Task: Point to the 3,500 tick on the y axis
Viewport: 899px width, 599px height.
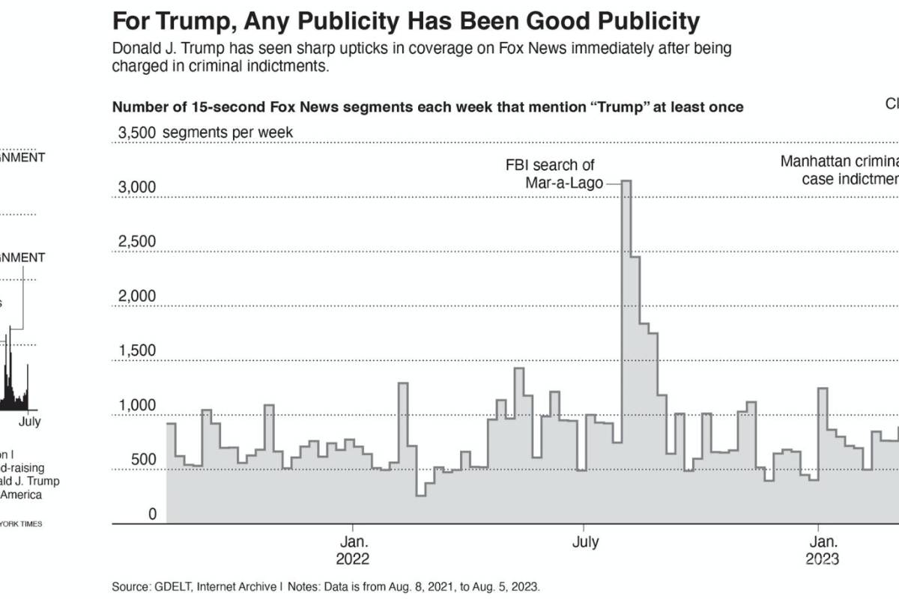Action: click(x=134, y=133)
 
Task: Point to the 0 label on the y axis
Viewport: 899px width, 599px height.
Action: click(x=152, y=514)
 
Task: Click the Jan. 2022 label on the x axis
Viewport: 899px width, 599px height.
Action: click(x=352, y=550)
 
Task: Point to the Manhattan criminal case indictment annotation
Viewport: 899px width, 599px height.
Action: click(x=839, y=170)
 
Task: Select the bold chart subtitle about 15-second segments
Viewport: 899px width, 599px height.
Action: click(x=428, y=107)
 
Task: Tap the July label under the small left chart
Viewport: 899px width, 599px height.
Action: click(x=29, y=422)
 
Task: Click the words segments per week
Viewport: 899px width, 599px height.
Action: click(x=228, y=133)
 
